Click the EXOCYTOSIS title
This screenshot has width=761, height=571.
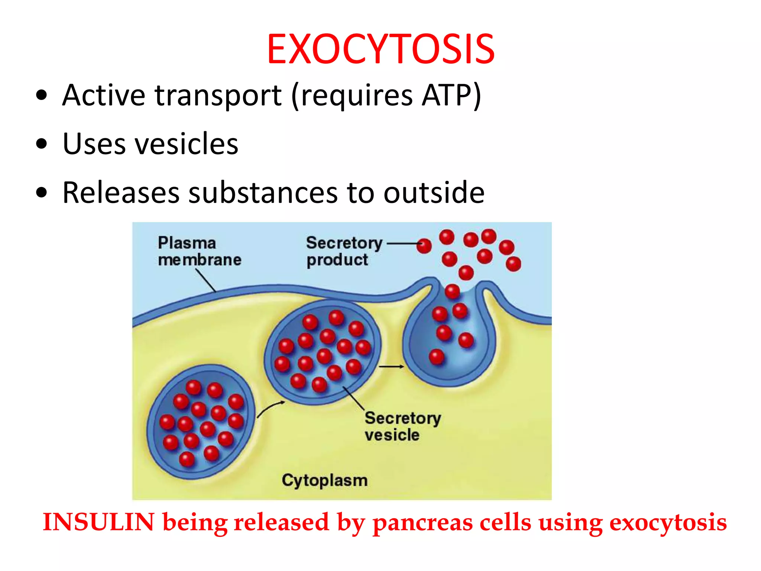pos(380,49)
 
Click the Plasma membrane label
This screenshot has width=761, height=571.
pos(199,251)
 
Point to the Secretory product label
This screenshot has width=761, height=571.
pos(344,251)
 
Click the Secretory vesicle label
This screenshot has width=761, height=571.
pos(402,426)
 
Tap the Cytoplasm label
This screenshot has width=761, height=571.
pos(324,480)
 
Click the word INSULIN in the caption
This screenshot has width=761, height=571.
pos(98,522)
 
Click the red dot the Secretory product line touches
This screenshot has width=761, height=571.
pos(424,245)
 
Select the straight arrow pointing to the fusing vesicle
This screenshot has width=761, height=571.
pos(391,367)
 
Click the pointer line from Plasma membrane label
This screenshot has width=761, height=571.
pos(205,280)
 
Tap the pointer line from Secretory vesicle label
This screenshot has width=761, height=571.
pos(353,398)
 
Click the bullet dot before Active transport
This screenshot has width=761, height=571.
pos(42,95)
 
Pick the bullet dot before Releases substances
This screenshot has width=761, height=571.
pos(42,193)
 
